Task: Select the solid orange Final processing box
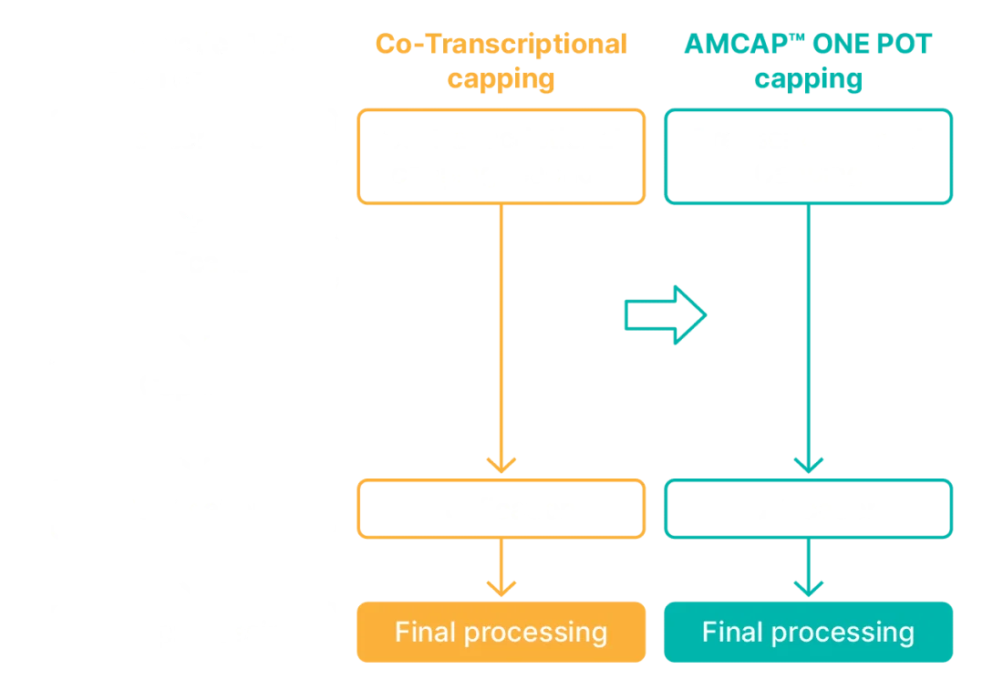(502, 631)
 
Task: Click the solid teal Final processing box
(809, 631)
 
